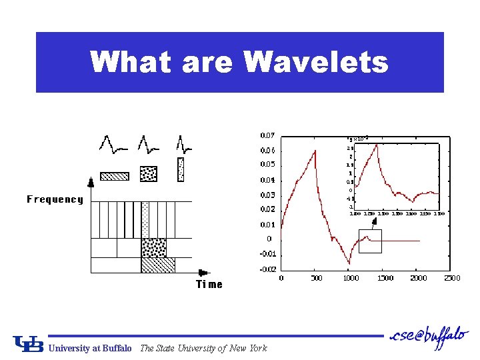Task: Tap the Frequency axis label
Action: tap(55, 199)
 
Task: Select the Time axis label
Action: tap(209, 285)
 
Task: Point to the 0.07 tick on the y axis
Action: tap(267, 135)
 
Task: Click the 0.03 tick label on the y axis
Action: tap(267, 195)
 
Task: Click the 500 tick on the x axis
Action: tap(316, 278)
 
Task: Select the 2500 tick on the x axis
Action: tap(452, 278)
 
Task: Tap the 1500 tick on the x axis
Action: tap(385, 278)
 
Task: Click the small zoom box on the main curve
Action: tap(370, 241)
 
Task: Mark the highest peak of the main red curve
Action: tap(315, 151)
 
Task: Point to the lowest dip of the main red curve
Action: tap(349, 263)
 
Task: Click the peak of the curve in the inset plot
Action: tap(377, 144)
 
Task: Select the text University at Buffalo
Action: tap(91, 348)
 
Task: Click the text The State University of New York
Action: tap(203, 348)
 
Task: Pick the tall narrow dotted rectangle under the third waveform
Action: tap(180, 169)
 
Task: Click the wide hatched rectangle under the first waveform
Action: tap(114, 176)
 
